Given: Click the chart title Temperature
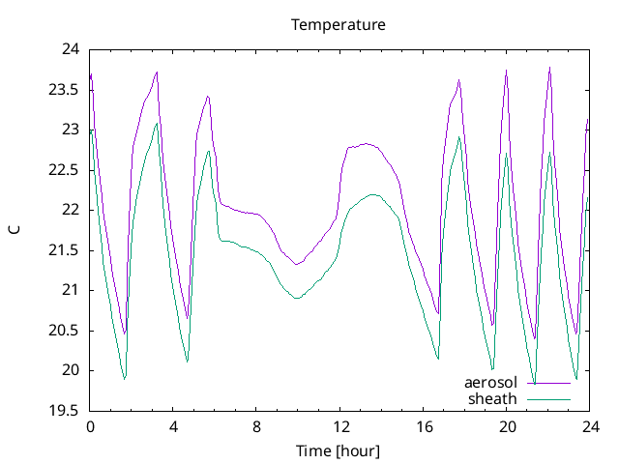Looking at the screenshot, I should point(339,24).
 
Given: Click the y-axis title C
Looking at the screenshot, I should point(15,229).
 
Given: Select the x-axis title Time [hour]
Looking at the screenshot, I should point(339,450).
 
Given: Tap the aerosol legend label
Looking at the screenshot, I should point(491,383).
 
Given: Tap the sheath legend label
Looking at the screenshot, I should point(494,398).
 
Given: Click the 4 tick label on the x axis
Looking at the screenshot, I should point(174,426).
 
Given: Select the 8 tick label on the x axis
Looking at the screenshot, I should point(257,426).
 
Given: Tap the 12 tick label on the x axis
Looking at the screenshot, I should point(340,426).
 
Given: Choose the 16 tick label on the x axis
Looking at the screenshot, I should point(425,426).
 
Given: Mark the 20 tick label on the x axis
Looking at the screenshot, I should point(508,426).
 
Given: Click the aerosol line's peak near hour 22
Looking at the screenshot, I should point(549,68).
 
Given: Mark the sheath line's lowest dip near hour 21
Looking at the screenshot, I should point(535,385).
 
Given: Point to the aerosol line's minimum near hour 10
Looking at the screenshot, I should point(297,264).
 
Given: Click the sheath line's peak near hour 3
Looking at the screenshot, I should point(157,123).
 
